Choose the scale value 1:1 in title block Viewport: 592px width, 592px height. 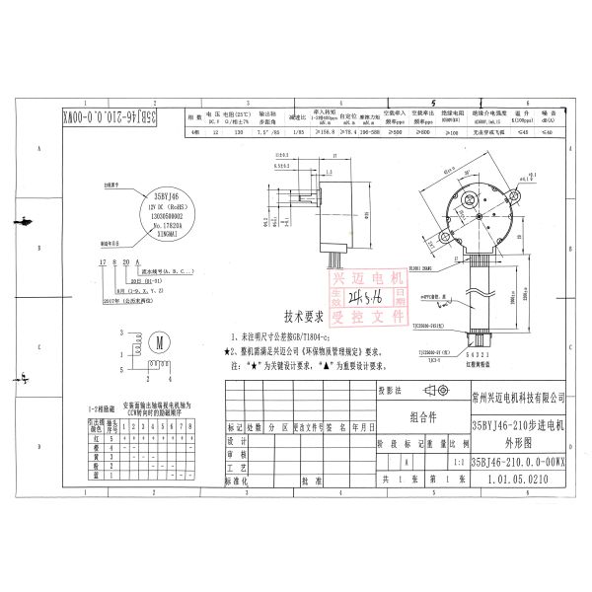tap(455, 461)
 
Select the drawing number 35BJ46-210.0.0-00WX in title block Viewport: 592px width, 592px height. tap(517, 461)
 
